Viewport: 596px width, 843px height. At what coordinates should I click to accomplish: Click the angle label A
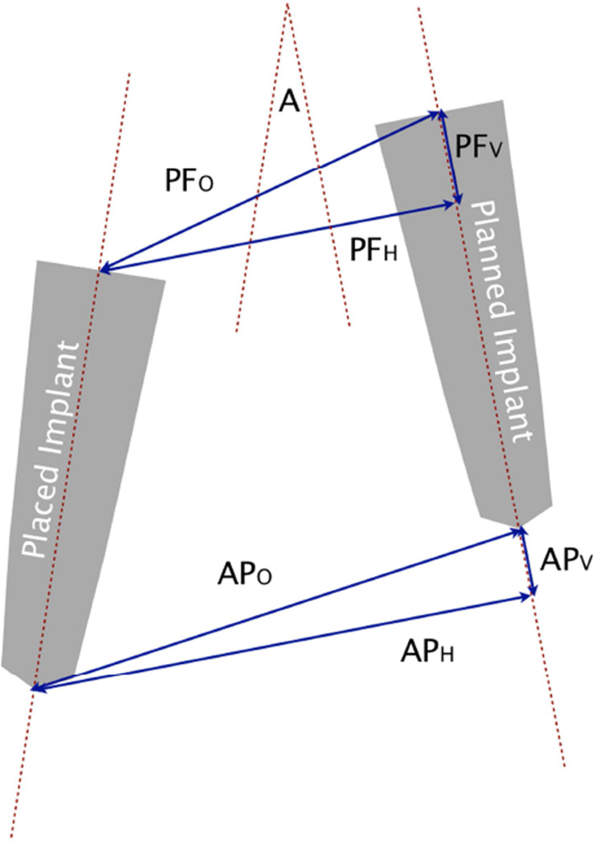tap(288, 103)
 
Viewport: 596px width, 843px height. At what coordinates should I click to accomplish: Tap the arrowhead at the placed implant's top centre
tap(100, 270)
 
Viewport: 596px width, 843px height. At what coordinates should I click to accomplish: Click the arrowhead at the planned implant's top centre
tap(440, 113)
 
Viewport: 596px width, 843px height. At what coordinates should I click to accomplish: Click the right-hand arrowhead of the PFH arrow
tap(455, 204)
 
